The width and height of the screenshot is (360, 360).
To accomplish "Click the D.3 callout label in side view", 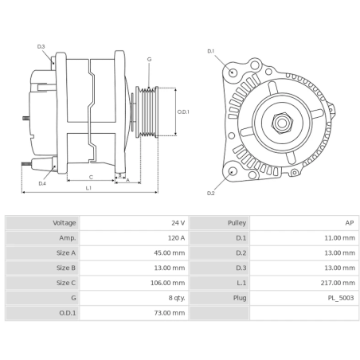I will pos(41,46).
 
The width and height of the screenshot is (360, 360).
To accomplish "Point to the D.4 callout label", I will pos(42,183).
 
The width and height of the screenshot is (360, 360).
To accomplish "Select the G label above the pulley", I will pos(149,60).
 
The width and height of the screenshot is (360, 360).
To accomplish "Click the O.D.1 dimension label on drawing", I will pos(182,112).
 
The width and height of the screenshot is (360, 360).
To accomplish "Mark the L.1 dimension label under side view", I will pos(88,188).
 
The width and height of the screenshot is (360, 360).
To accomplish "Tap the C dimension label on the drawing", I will pos(91,177).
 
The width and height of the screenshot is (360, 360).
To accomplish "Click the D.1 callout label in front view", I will pos(211,51).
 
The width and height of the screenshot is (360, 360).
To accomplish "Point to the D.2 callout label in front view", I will pos(211,193).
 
